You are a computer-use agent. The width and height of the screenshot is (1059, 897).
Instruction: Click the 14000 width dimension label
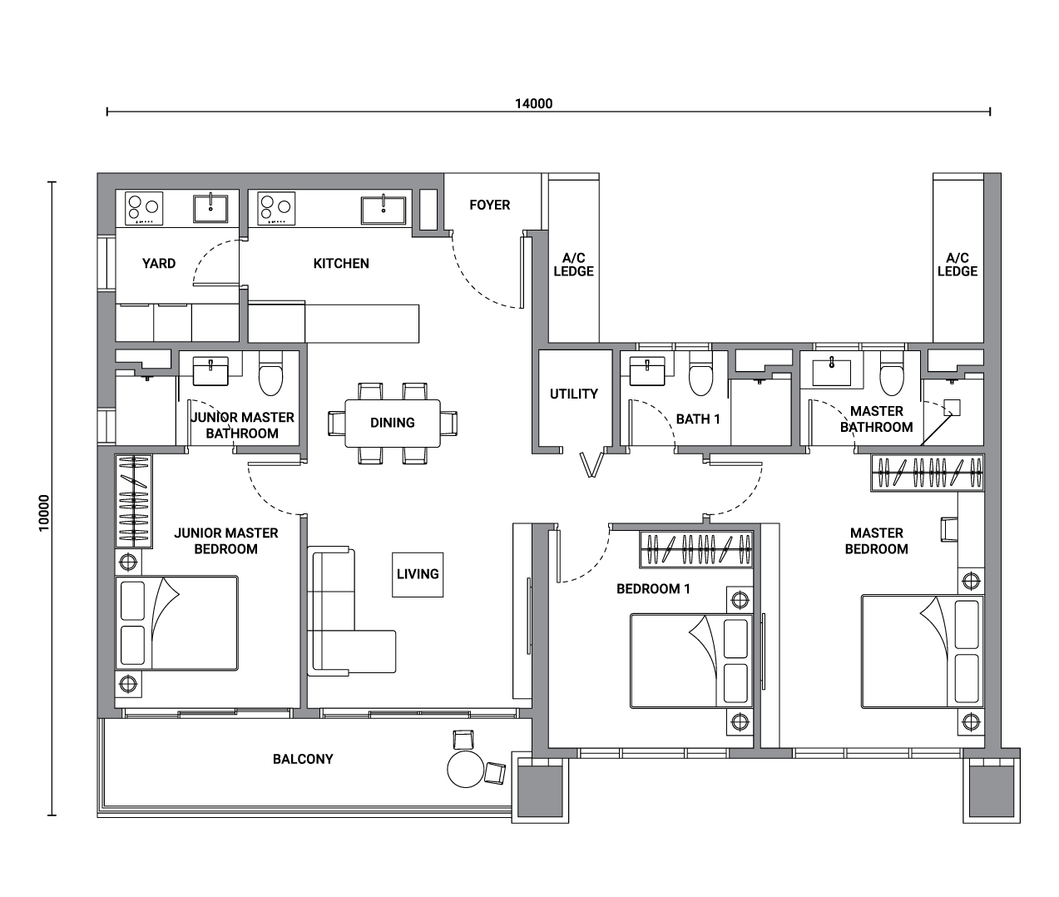click(533, 103)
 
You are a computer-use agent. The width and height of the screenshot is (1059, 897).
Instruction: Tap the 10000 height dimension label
click(44, 513)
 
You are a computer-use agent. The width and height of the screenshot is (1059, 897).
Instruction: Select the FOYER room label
click(490, 205)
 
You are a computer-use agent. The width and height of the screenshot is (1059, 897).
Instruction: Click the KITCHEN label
click(341, 264)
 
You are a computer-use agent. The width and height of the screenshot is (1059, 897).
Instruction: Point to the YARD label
click(159, 264)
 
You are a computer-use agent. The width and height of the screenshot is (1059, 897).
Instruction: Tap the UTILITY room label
click(574, 394)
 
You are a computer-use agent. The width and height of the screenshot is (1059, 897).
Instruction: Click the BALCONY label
click(303, 759)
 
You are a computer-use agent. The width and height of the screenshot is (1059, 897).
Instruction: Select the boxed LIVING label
click(418, 574)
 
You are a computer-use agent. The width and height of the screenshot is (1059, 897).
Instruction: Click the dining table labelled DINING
click(393, 424)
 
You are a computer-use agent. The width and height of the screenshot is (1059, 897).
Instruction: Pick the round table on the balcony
click(466, 768)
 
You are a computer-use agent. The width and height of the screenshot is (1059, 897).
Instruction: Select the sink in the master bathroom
click(832, 372)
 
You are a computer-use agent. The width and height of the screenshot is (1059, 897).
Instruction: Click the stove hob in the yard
click(144, 209)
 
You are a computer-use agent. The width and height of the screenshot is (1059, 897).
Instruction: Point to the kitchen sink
click(384, 210)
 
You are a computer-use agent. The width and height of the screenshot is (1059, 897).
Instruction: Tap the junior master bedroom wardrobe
click(134, 501)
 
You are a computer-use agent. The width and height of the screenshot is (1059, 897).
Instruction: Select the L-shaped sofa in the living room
click(351, 611)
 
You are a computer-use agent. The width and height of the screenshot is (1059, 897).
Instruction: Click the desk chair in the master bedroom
click(949, 529)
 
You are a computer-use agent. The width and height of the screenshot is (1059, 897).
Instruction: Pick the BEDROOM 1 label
click(653, 589)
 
